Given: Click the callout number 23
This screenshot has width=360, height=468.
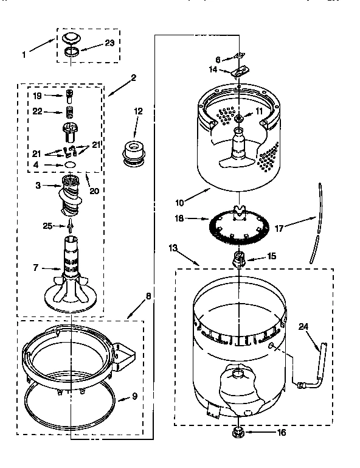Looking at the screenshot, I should coord(109,43).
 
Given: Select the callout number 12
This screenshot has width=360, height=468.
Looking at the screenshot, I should coord(138,111).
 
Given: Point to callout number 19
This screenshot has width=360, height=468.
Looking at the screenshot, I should coord(38,96).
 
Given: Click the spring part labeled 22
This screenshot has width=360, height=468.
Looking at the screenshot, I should coord(69,111).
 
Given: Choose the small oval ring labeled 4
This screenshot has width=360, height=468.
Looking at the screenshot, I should coord(70,164).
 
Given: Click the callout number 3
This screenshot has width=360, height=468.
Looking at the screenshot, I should coord(38,186).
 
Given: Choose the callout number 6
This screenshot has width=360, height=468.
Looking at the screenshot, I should coord(217,60).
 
